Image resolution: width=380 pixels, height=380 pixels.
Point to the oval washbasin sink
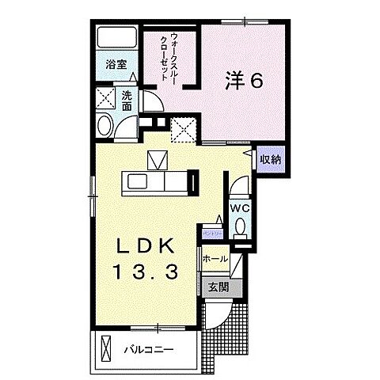coord(104,126)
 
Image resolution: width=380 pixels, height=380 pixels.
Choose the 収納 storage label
coord(271,159)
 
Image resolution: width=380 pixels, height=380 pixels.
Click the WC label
coord(241,207)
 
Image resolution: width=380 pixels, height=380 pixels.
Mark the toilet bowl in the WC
coord(241,228)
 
